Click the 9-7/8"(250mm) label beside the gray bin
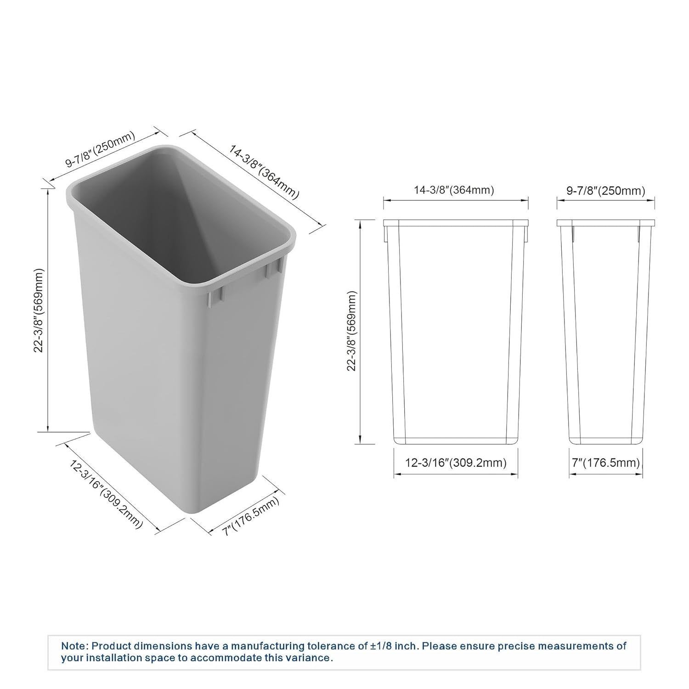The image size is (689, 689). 101,150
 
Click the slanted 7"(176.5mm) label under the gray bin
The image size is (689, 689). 251,517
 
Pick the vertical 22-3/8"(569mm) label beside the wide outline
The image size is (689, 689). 353,330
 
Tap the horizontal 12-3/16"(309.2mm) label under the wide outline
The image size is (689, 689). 456,463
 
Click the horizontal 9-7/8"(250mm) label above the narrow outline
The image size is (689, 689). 605,190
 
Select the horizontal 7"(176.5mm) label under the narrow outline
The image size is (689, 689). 605,463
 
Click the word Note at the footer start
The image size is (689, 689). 73,646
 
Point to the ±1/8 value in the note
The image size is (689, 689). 383,646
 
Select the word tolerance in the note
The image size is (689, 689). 337,646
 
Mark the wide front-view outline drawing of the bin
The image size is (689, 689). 456,331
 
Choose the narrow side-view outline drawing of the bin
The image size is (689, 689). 605,331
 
